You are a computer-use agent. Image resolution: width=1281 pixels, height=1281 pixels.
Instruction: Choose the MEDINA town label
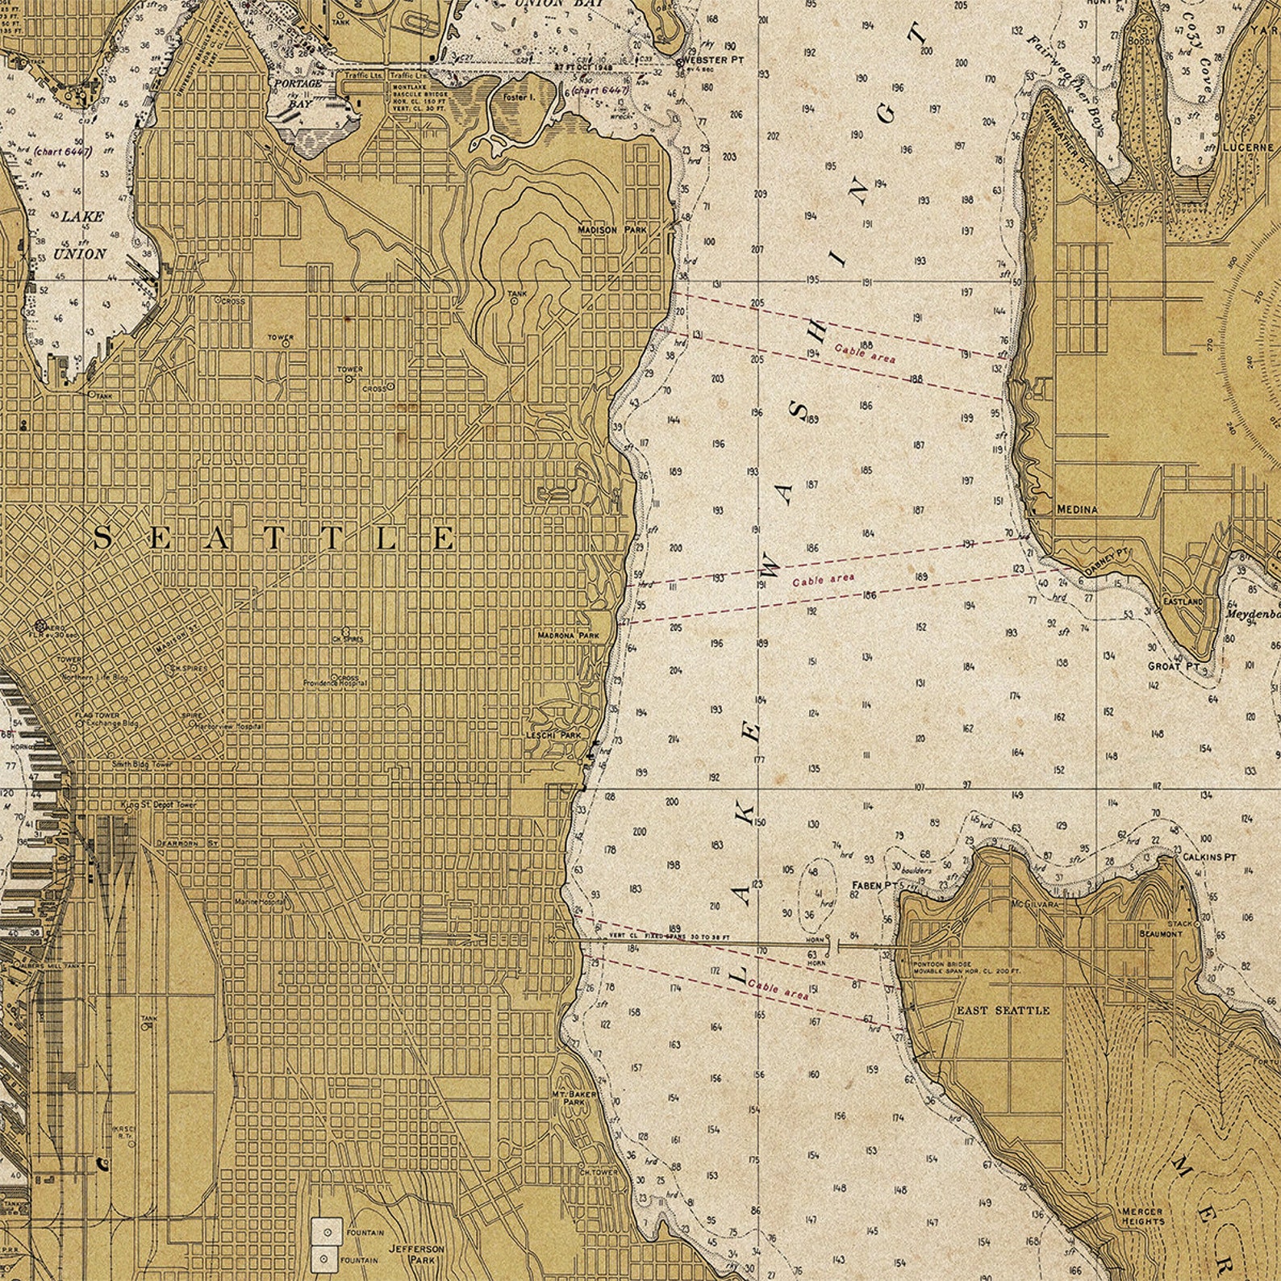click(x=1077, y=510)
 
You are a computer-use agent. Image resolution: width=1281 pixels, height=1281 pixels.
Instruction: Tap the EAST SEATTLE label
click(x=1003, y=1010)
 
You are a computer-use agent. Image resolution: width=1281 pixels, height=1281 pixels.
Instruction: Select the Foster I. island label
click(x=519, y=98)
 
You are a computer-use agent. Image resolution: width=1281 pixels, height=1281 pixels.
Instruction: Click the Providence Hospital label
click(x=336, y=683)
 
